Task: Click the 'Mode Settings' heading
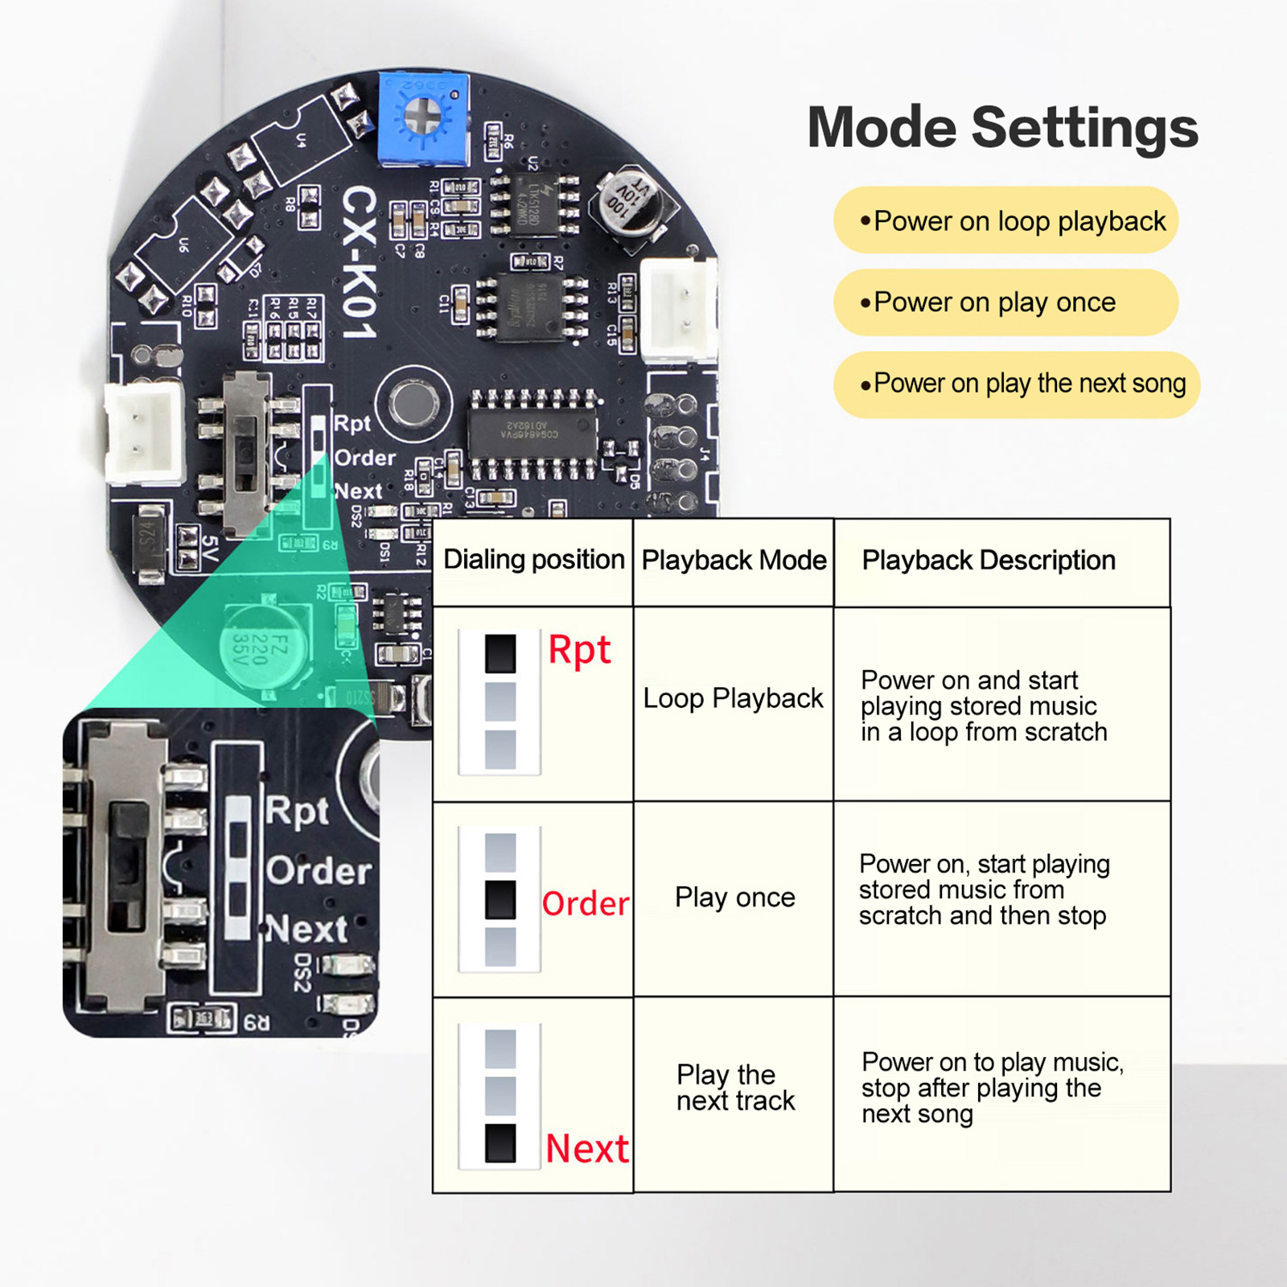tap(1002, 129)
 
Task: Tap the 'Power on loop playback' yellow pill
tap(1005, 220)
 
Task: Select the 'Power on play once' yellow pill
tap(1005, 302)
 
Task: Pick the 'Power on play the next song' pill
tap(1017, 384)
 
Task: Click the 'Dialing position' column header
tap(533, 560)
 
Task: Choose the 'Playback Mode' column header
tap(734, 561)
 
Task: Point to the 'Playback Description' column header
tap(989, 561)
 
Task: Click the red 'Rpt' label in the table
tap(579, 651)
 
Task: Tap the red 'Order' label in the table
tap(585, 904)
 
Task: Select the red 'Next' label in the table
tap(586, 1149)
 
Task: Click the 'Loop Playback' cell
tap(733, 698)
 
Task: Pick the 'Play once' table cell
tap(734, 898)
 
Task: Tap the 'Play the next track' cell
tap(734, 1088)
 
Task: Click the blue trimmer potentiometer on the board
tap(423, 118)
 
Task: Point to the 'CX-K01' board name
tap(359, 262)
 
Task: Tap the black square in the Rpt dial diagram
tap(500, 653)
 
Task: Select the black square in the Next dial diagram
tap(500, 1143)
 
